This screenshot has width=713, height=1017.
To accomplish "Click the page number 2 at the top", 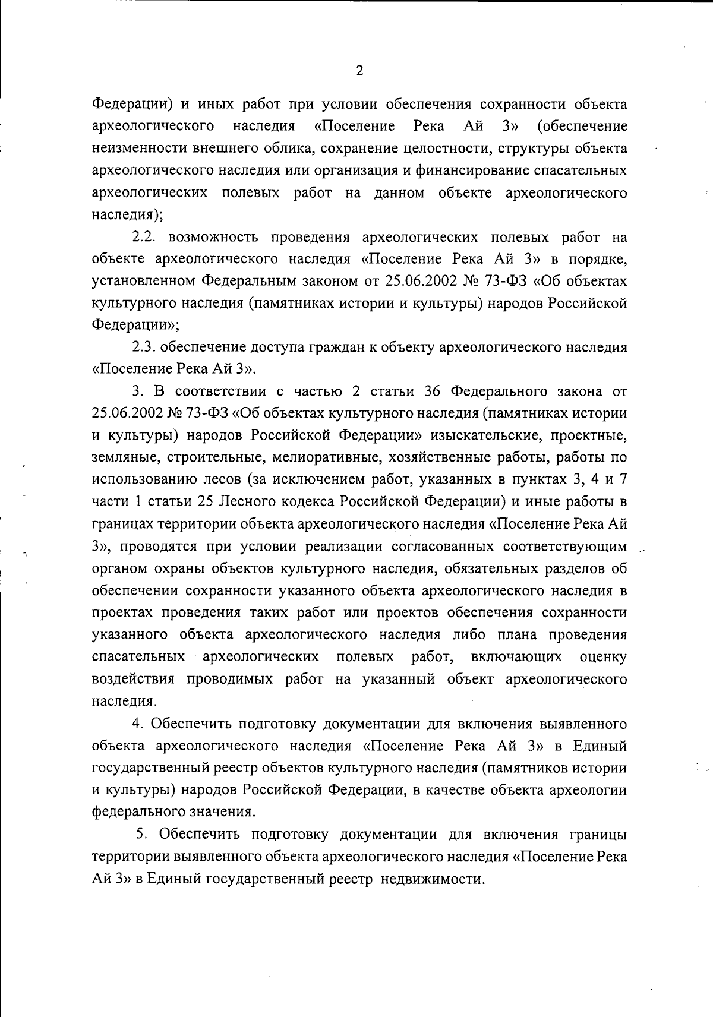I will coord(359,71).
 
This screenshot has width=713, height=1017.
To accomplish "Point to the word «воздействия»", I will coord(134,679).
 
